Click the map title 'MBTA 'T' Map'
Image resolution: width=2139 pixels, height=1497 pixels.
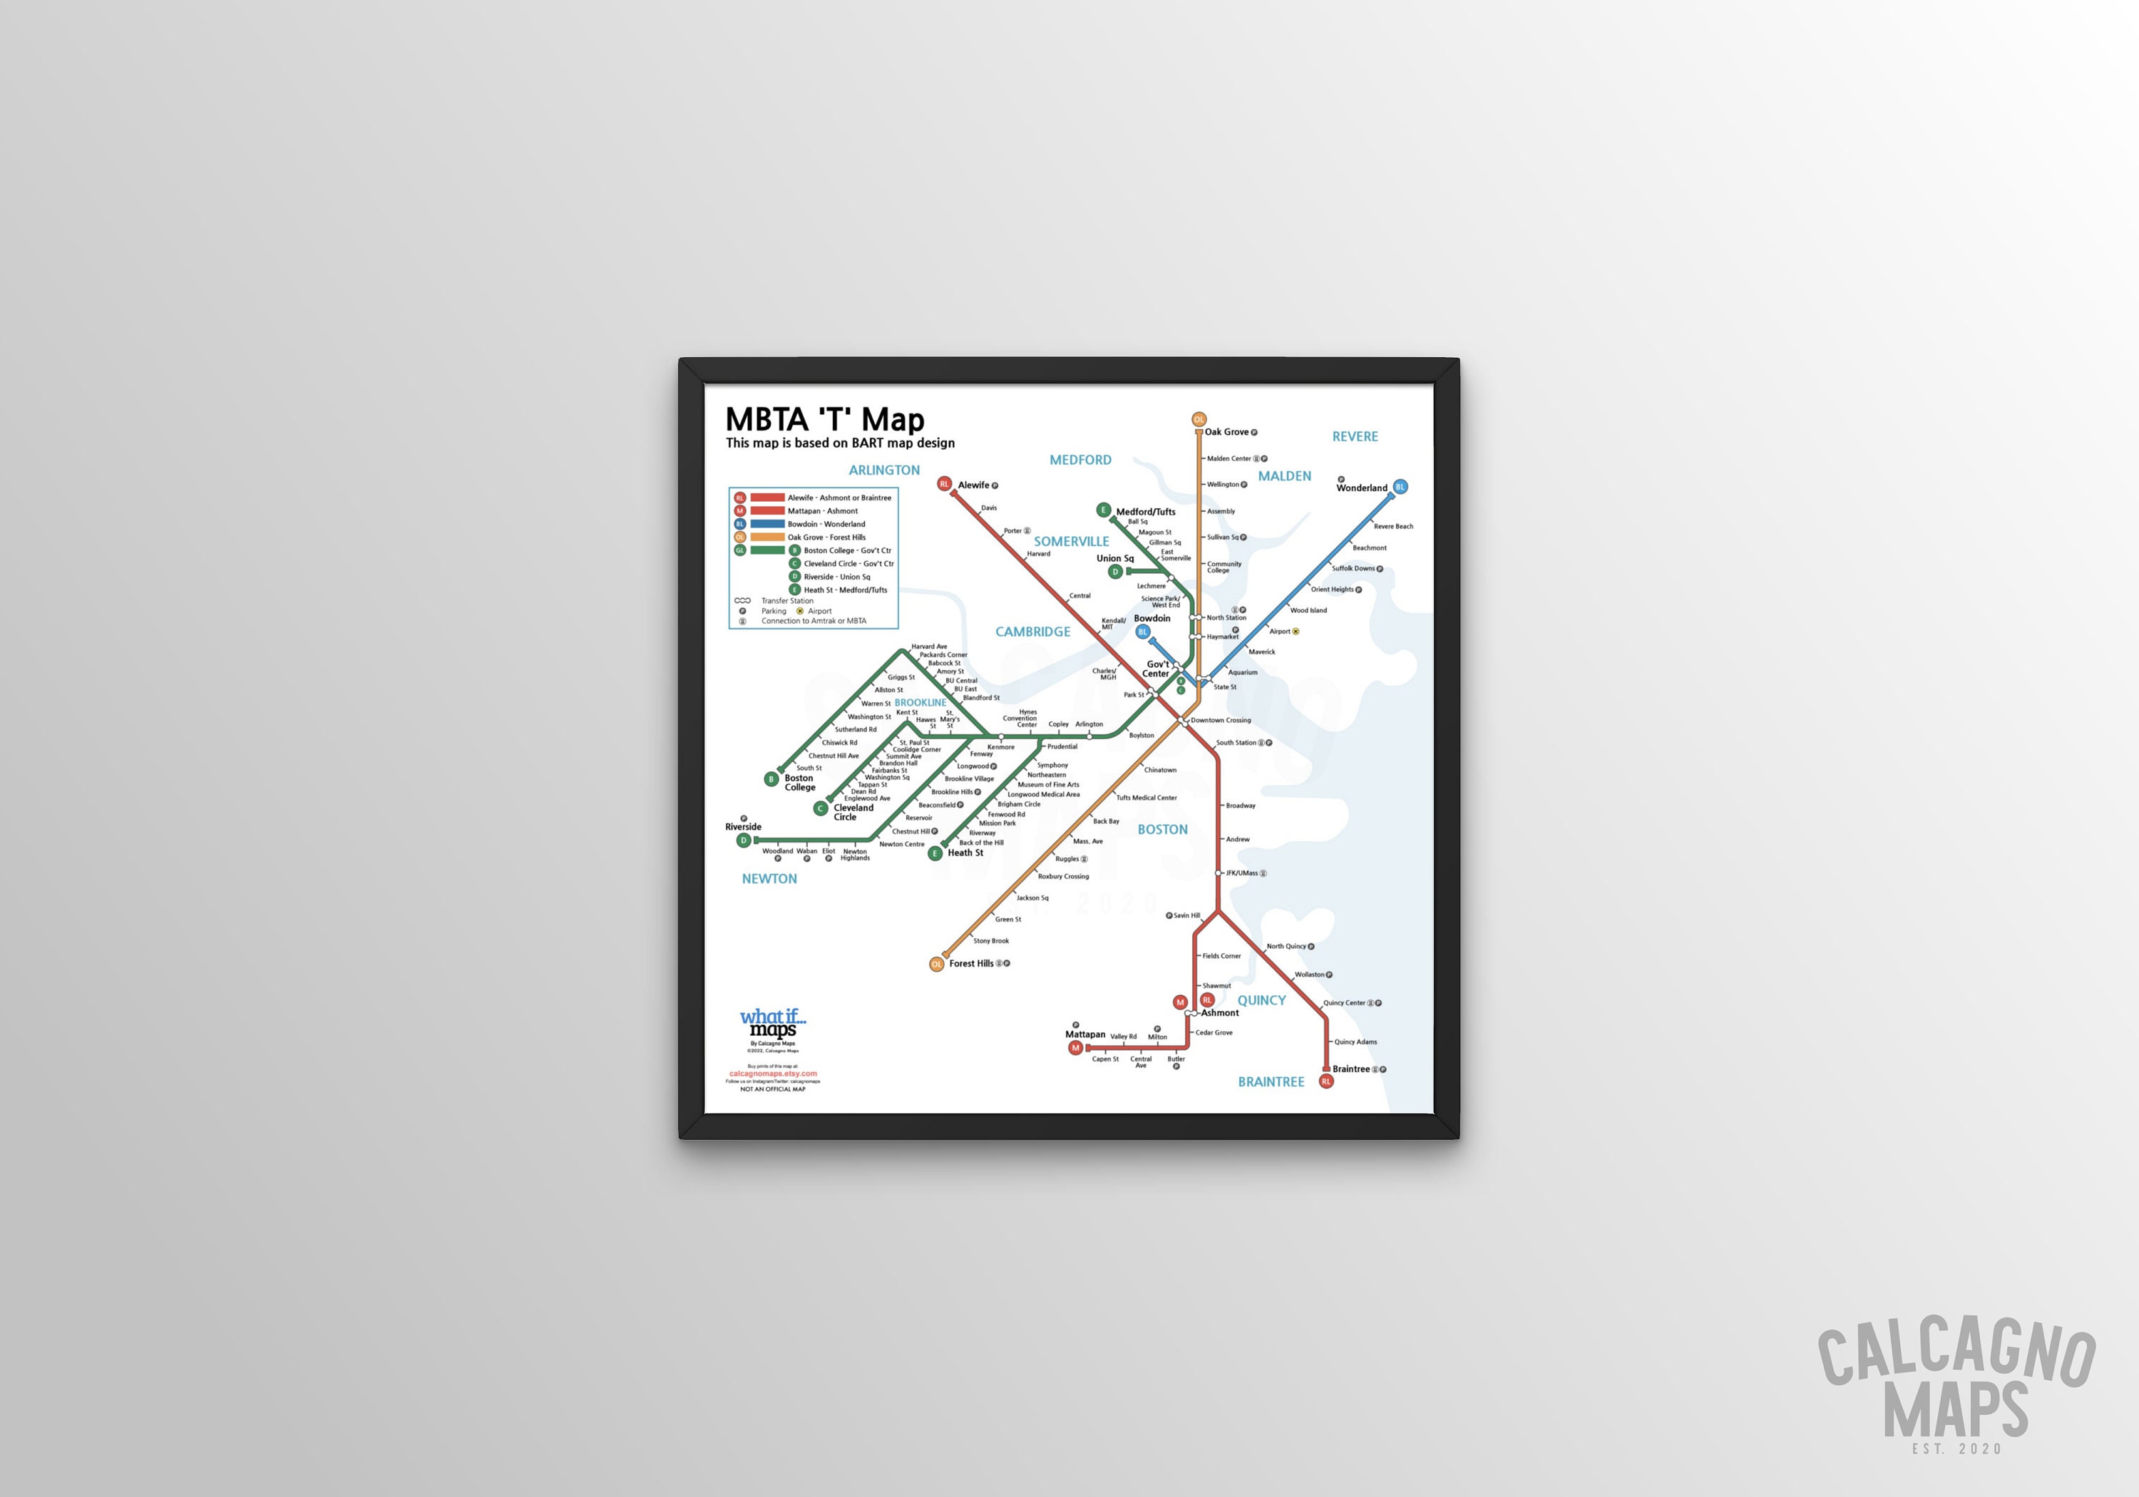coord(824,419)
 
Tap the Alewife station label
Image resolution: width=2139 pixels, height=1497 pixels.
coord(973,485)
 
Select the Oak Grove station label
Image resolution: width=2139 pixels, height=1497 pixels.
coord(1226,432)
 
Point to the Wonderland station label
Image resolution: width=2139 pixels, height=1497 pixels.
coord(1361,488)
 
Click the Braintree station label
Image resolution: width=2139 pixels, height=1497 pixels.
coord(1351,1069)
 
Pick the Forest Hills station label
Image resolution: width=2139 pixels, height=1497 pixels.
coord(970,964)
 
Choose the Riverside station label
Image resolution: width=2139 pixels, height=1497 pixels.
coord(744,827)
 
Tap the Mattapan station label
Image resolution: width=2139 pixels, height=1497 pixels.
coord(1085,1035)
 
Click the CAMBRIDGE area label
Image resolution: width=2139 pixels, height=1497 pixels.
coord(1032,632)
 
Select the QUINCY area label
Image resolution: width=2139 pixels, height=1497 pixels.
coord(1261,1000)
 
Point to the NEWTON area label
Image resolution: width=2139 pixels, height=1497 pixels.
coord(769,878)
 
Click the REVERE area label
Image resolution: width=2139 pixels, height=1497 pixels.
coord(1355,437)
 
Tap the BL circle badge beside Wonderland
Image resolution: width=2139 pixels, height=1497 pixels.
coord(1400,487)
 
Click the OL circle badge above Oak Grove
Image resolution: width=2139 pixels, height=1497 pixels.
coord(1199,420)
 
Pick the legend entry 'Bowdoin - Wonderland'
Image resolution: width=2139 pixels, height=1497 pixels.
coord(826,525)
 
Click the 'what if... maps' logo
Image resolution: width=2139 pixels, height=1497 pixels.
coord(773,1023)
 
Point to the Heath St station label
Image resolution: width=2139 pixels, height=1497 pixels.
coord(965,853)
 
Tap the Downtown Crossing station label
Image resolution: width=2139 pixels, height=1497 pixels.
coord(1221,721)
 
